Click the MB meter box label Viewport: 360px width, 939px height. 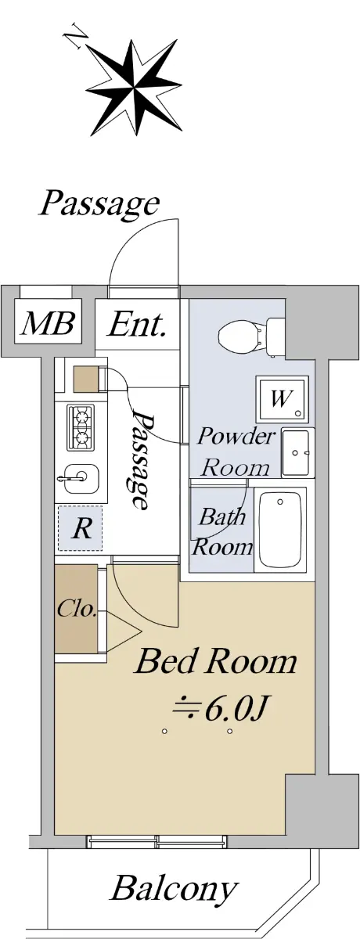coord(48,323)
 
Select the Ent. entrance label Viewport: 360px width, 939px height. coord(137,324)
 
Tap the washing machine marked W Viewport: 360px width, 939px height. coord(282,398)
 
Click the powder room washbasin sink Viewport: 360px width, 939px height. coord(298,453)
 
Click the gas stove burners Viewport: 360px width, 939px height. coord(81,425)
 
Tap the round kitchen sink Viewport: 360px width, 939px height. coord(81,477)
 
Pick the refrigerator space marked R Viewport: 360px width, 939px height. coord(81,528)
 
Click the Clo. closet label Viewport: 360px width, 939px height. coord(77,609)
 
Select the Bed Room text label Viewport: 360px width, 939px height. coord(215,661)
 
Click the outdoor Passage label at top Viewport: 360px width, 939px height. coord(99,204)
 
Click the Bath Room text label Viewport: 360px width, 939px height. coord(222,532)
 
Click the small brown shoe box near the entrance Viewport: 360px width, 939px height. coord(86,379)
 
